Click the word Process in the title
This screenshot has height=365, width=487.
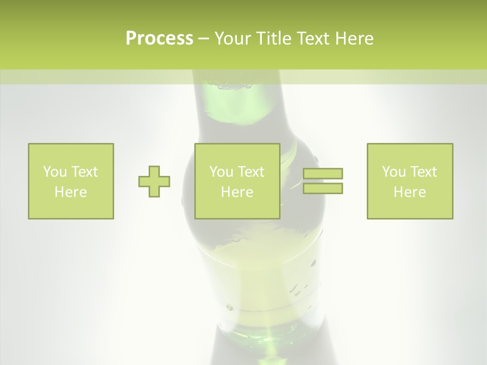click(159, 39)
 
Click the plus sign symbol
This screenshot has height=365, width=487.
click(154, 181)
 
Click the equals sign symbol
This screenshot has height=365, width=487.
click(323, 181)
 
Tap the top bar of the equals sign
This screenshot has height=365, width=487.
click(323, 174)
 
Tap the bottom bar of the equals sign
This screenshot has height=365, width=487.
click(323, 189)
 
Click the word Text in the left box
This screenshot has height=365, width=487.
click(84, 172)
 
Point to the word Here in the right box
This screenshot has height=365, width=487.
click(409, 192)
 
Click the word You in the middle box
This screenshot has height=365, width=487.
click(221, 172)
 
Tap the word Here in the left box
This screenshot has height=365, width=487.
click(71, 192)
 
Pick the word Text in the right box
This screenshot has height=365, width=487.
click(423, 172)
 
